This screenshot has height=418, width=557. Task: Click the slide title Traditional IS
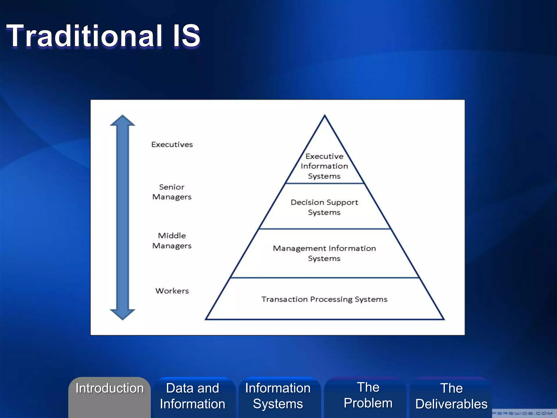103,36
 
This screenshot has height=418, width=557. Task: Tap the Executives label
172,145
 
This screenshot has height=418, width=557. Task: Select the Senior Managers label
172,192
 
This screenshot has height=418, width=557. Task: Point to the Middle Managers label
172,241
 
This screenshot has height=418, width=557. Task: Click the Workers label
172,291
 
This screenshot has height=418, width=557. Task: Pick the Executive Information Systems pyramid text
324,166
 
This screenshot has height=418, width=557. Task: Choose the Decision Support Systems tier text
324,207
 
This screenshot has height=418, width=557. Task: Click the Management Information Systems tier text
324,253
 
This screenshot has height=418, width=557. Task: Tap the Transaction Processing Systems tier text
324,299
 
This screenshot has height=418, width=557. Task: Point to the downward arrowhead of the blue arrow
122,314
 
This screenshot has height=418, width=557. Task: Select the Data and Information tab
193,396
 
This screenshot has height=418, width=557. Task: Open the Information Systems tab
278,396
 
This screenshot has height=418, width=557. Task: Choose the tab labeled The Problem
368,395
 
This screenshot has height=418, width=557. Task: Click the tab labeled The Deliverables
451,396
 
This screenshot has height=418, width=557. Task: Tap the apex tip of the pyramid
324,116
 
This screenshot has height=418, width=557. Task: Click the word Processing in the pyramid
331,299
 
